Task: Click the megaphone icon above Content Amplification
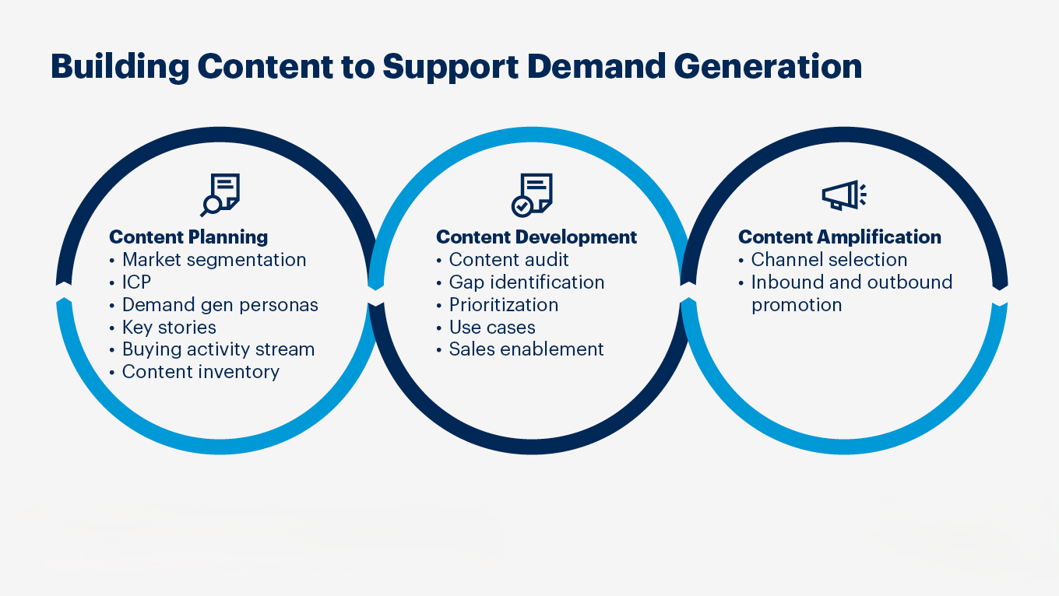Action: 844,195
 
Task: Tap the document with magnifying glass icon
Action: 220,195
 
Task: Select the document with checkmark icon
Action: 532,195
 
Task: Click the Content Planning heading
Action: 188,237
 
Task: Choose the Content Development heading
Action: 536,237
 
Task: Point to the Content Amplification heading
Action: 839,237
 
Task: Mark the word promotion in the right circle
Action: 797,305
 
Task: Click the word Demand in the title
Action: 596,66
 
